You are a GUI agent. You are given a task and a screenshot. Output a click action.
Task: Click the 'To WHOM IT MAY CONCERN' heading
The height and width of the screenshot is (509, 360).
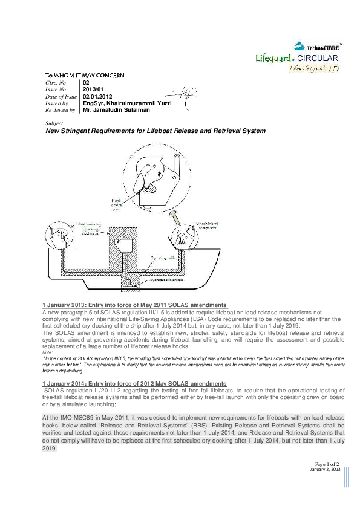[85, 76]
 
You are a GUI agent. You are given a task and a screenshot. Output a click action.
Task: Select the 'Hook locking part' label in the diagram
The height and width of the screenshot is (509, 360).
[116, 206]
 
